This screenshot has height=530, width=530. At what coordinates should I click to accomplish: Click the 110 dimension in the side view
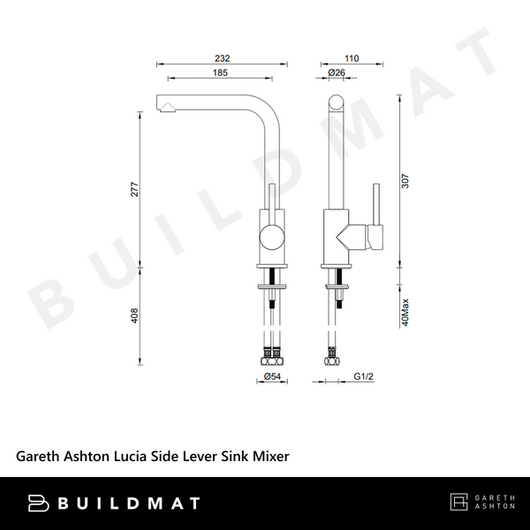pyautogui.click(x=352, y=58)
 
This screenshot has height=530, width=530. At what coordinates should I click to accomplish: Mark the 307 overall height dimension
pyautogui.click(x=405, y=180)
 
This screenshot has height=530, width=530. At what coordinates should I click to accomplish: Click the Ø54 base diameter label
pyautogui.click(x=272, y=378)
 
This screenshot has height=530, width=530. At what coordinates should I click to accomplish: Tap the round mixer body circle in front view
pyautogui.click(x=271, y=236)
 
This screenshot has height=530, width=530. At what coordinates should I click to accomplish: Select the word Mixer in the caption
pyautogui.click(x=271, y=456)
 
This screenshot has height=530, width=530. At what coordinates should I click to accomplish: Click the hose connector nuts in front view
pyautogui.click(x=272, y=359)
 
